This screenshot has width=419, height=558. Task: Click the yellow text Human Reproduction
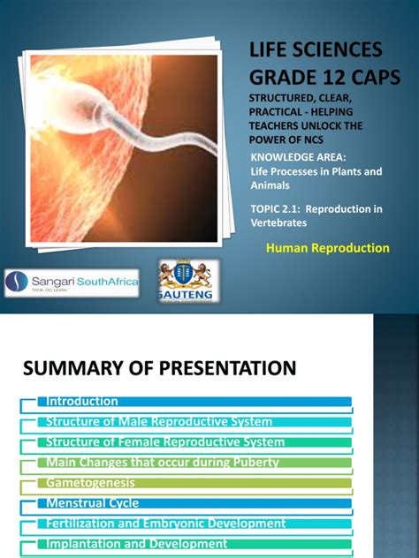click(x=327, y=248)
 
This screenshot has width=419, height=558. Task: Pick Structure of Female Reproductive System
click(x=164, y=441)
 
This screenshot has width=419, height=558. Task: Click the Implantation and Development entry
click(x=137, y=544)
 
